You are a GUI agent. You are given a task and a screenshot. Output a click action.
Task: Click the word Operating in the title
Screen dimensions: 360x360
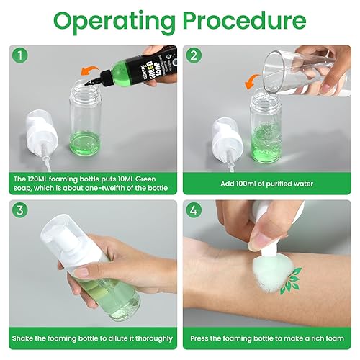(114, 22)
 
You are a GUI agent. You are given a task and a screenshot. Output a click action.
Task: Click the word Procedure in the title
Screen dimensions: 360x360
(245, 20)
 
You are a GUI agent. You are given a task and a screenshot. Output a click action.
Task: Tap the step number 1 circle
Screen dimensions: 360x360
(20, 55)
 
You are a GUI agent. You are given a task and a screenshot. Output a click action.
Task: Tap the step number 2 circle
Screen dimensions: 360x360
(194, 55)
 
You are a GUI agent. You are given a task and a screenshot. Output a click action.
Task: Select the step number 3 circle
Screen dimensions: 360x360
(20, 210)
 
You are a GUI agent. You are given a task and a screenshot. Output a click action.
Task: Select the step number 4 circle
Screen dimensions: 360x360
(194, 210)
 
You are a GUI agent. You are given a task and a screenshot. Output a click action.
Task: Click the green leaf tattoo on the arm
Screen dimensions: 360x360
(291, 281)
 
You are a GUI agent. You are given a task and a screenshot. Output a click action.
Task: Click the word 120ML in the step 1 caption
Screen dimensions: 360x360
(36, 179)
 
